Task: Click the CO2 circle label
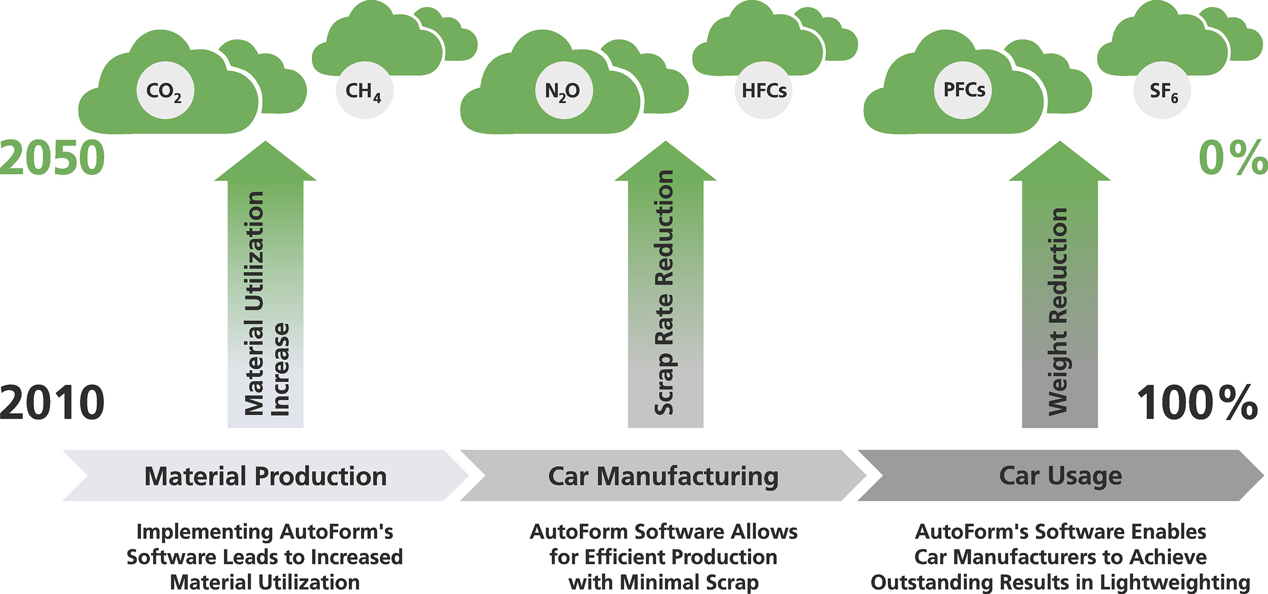[165, 91]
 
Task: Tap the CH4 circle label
[364, 91]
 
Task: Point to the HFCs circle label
[763, 91]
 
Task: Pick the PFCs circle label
[963, 90]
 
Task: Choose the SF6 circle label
[1162, 91]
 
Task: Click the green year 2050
[53, 158]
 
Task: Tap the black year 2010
[53, 402]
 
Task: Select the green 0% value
[1232, 158]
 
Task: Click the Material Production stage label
[265, 476]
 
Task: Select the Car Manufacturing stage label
[663, 476]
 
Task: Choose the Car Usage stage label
[1060, 476]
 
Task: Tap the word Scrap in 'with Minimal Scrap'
[732, 582]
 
